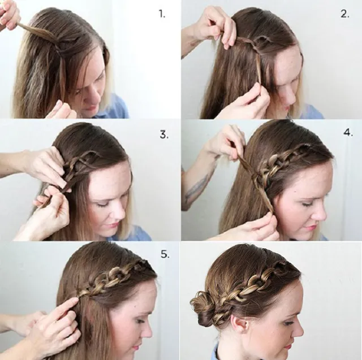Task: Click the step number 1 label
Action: tap(162, 14)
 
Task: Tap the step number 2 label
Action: tap(345, 14)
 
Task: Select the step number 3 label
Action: tap(164, 135)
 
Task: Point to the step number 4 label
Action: tap(348, 133)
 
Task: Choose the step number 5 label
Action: tap(165, 254)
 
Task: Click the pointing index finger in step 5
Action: tap(69, 304)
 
